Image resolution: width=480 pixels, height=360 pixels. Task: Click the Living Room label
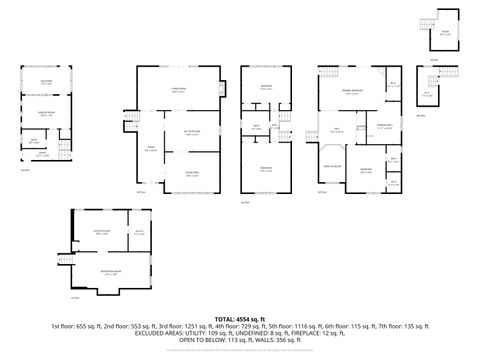click(x=179, y=90)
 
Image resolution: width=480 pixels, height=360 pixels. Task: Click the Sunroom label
click(x=46, y=80)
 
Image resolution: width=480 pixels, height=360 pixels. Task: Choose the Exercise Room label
click(x=46, y=113)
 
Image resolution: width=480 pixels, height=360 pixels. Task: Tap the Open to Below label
click(x=333, y=165)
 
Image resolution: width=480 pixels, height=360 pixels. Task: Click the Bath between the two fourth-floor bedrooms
click(x=256, y=126)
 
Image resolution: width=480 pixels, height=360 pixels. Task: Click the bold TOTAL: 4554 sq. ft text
click(x=239, y=317)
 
